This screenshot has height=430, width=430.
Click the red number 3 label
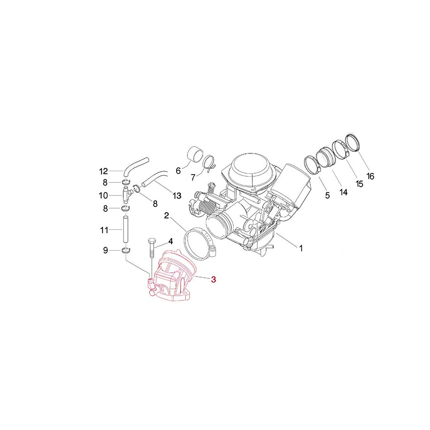point(214,280)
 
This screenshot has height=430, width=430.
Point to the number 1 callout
point(301,248)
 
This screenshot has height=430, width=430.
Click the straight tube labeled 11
point(126,229)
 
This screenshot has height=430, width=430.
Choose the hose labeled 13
point(155,178)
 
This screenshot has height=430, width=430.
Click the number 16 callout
point(370,176)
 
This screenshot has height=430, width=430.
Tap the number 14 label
point(343,192)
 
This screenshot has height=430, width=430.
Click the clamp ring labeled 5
point(311,165)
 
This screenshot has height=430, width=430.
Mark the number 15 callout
point(359,184)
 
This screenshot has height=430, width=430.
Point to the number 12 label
point(103,171)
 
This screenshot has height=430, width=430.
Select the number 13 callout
point(177,196)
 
